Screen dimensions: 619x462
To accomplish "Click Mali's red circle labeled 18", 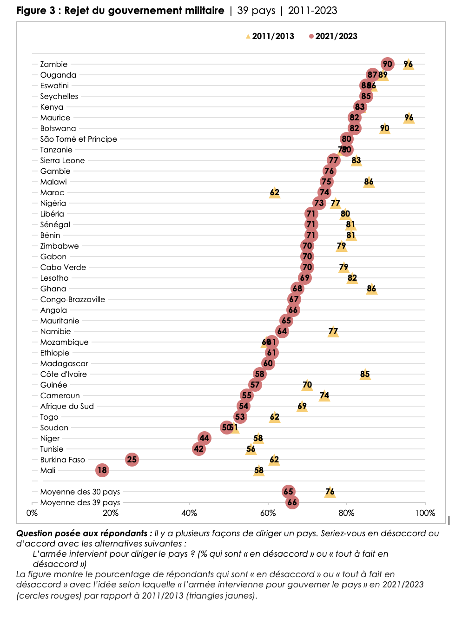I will (x=102, y=470).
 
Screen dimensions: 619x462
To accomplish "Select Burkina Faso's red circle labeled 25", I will (x=132, y=460).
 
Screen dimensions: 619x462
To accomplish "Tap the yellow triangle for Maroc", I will (x=275, y=192).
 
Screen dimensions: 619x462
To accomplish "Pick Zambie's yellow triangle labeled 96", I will (x=408, y=64).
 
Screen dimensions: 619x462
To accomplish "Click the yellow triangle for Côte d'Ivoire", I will (x=365, y=374).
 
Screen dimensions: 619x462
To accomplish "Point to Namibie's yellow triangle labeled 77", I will (x=333, y=331).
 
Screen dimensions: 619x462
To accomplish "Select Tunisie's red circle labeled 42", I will (x=199, y=449).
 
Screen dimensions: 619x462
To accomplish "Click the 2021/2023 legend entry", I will (x=333, y=36).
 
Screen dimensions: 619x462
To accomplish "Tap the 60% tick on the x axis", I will (x=268, y=513).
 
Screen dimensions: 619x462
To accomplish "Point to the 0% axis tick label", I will (x=32, y=513).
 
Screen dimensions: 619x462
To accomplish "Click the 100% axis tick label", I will (x=425, y=513).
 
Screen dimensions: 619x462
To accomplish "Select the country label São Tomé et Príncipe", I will (x=79, y=139).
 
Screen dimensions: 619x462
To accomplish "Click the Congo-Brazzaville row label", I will (x=73, y=299).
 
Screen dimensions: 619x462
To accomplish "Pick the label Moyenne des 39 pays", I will (x=80, y=502).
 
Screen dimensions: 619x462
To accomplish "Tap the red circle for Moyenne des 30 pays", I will (x=288, y=492).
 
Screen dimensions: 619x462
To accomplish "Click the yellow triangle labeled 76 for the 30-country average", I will (x=330, y=492).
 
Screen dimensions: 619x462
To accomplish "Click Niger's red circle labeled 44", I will (x=204, y=438).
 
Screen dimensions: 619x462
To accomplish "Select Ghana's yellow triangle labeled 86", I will (x=371, y=289).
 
